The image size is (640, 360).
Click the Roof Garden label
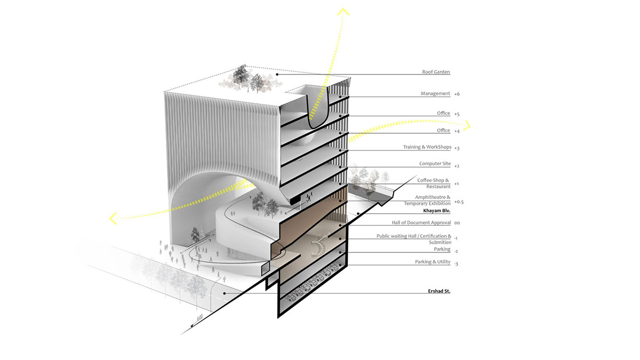[x=436, y=73]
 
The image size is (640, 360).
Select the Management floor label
[x=435, y=94]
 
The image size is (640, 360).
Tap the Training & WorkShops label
[x=427, y=147]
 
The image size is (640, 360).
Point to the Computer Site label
[x=435, y=165]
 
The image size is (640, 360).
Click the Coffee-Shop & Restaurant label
[x=434, y=183]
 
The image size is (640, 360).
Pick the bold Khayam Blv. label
[x=437, y=211]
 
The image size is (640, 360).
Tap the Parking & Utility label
[x=433, y=262]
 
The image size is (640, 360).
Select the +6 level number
[x=457, y=94]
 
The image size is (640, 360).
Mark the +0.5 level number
[x=459, y=203]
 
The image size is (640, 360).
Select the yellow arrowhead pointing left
[x=113, y=218]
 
